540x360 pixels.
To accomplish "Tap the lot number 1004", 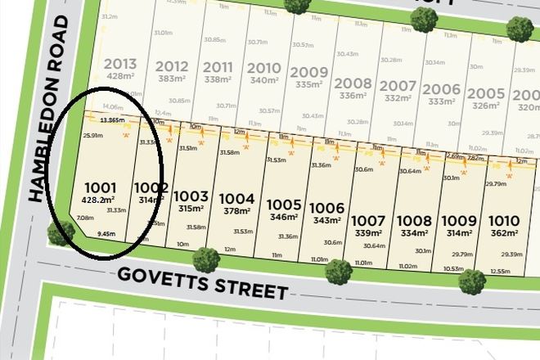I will tap(238, 198).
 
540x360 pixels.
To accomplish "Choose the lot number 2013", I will tap(119, 65).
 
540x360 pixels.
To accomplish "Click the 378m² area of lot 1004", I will tap(238, 210).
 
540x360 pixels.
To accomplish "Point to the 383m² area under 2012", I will tap(172, 79).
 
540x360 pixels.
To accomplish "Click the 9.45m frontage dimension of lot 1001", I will tap(105, 233).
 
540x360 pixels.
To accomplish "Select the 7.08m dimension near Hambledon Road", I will tap(83, 218).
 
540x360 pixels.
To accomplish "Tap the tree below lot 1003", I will tap(205, 261).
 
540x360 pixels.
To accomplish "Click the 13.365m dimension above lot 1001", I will tap(112, 119).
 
